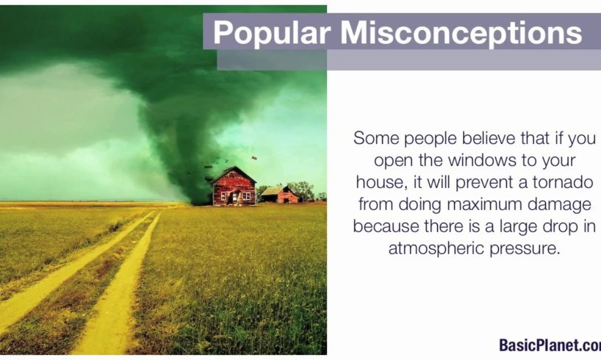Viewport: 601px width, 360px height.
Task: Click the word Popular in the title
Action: tap(272, 33)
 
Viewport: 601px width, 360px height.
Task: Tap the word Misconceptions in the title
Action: tap(461, 33)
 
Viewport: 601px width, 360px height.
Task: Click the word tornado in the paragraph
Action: tap(563, 182)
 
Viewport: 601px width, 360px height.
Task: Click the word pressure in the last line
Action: tap(525, 249)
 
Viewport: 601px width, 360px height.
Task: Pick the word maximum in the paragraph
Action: tap(484, 204)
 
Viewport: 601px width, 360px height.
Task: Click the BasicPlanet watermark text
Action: tap(550, 345)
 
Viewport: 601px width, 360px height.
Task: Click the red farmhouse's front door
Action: tap(234, 198)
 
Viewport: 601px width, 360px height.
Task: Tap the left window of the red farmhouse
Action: tap(223, 196)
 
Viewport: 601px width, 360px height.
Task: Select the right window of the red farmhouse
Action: tap(246, 196)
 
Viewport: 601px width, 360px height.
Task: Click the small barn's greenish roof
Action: tap(273, 191)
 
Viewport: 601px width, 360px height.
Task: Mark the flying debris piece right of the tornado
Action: tap(254, 157)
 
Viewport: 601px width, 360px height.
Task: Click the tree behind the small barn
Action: tap(303, 190)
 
